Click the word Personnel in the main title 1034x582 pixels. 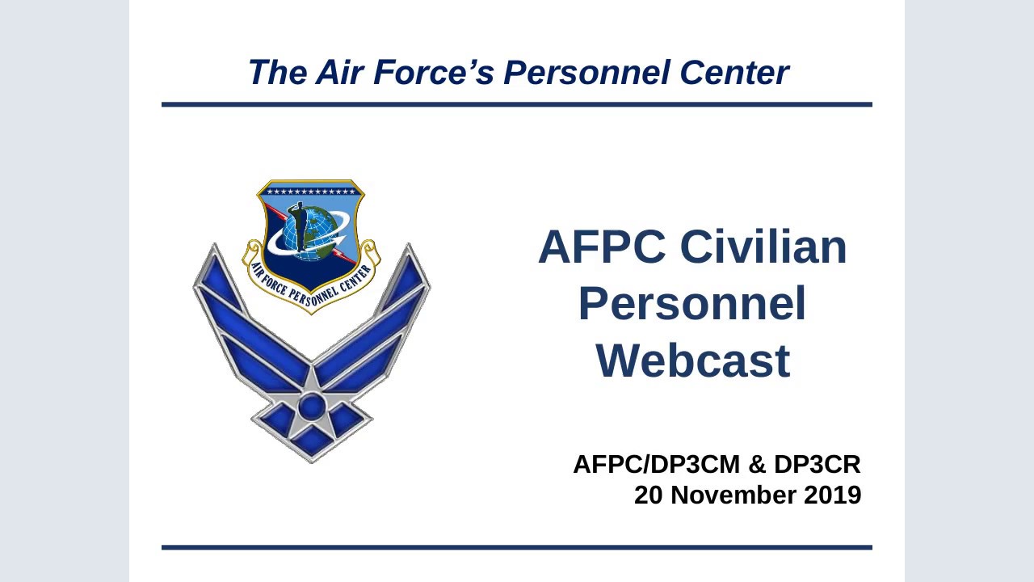[692, 304]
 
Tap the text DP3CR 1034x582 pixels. [817, 465]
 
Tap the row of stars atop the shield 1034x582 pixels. [311, 192]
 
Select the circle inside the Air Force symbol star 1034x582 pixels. [311, 405]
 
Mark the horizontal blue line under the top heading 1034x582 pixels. [517, 104]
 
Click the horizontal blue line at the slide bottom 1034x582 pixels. [517, 547]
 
